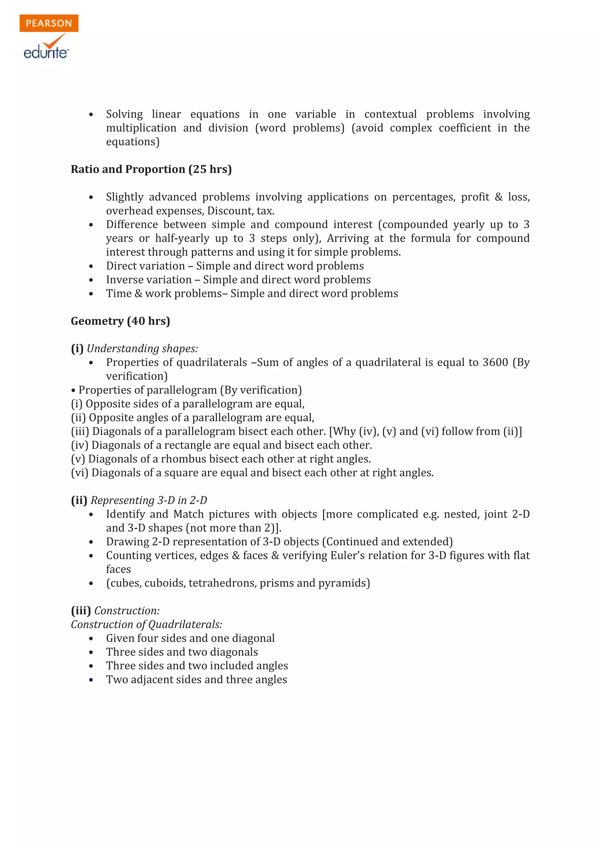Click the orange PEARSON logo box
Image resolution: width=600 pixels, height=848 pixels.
(x=49, y=23)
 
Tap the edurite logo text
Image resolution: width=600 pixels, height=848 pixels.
(x=46, y=52)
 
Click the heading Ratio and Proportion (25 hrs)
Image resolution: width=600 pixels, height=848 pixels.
(x=151, y=169)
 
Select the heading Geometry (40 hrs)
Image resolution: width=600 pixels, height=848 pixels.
(x=120, y=321)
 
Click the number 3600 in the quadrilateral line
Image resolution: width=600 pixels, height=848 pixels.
(x=495, y=362)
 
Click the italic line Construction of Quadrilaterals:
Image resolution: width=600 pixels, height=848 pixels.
(x=146, y=624)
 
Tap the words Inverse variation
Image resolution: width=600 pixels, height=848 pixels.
(x=149, y=279)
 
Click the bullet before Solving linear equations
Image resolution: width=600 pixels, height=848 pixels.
(x=91, y=114)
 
